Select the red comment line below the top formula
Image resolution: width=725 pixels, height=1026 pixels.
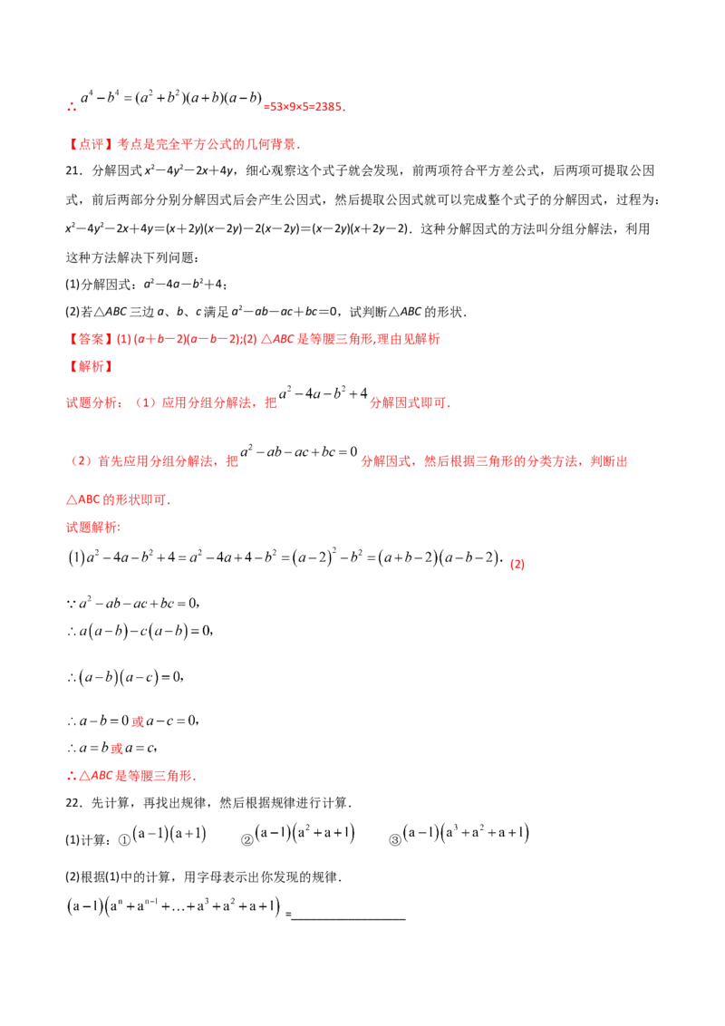coord(185,144)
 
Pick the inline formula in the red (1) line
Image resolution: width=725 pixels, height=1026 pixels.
coord(323,393)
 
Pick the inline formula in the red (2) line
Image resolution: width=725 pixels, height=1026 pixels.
coord(297,454)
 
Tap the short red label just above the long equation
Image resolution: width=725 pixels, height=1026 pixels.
coord(88,527)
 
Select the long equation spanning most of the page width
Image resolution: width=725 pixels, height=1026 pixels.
coord(284,555)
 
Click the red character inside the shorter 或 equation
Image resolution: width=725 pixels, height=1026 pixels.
coord(115,750)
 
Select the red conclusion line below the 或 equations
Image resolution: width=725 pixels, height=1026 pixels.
coord(130,777)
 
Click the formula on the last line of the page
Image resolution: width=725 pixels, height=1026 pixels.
coord(172,906)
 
